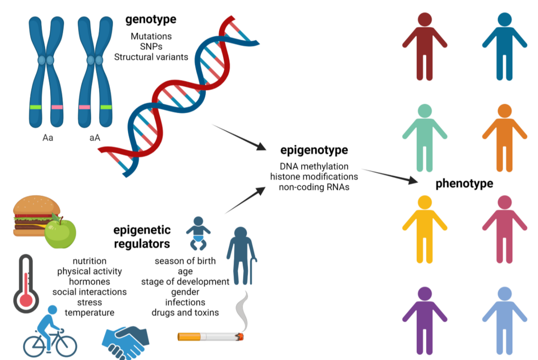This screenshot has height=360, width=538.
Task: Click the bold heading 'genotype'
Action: coord(150,19)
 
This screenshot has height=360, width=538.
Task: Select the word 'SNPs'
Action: coord(151,46)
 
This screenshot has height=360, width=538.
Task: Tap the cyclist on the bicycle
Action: coord(49,332)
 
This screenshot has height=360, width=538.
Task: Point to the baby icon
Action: coord(198,233)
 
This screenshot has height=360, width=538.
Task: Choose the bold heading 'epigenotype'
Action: coord(314,150)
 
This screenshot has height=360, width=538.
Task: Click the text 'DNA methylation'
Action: coord(314,166)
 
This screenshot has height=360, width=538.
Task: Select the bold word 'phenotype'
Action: coord(464,183)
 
